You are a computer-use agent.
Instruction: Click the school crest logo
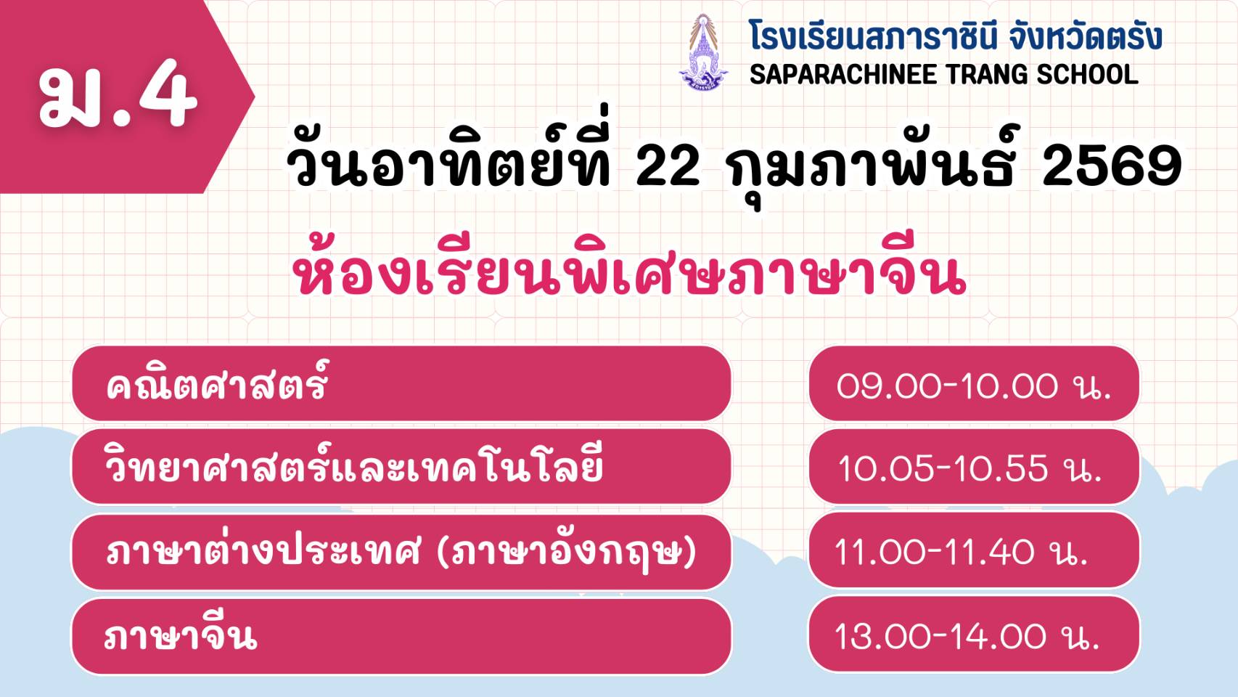(x=703, y=52)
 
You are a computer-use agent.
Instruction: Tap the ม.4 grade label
(x=118, y=94)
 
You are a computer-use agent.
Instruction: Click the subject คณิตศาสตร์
(x=217, y=383)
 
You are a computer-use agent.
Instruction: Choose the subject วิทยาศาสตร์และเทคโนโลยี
(x=353, y=466)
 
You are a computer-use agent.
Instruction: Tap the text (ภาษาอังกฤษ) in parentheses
(x=566, y=551)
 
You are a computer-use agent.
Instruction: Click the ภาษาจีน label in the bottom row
(x=181, y=635)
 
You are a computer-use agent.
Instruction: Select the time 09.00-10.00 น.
(x=974, y=385)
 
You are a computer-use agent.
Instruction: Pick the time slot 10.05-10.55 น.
(x=970, y=468)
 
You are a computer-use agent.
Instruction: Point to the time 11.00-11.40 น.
(x=962, y=552)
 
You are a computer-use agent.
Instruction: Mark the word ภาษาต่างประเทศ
(x=263, y=551)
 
